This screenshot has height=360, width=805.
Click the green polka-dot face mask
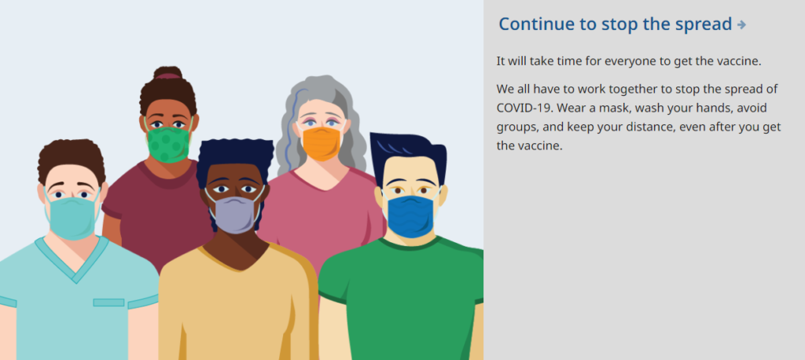[169, 144]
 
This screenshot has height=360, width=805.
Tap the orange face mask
[322, 143]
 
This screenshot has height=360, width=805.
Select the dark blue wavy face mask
[410, 215]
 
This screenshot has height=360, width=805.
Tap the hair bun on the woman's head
[167, 72]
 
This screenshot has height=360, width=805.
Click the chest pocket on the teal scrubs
[108, 303]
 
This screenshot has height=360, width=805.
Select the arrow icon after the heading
[741, 24]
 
